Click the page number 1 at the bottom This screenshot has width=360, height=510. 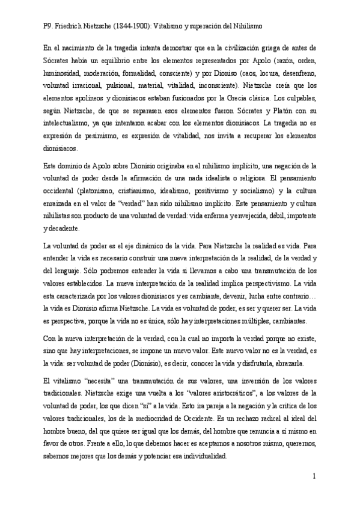(314, 476)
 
